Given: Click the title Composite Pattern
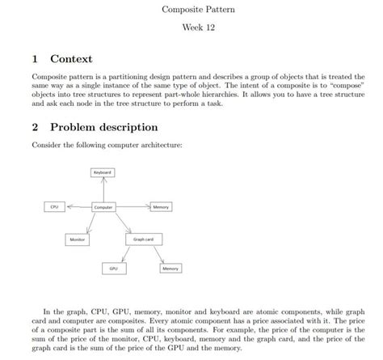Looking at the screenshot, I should (x=192, y=11).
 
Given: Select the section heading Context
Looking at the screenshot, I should (x=71, y=59).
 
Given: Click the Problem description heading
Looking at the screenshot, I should (x=103, y=128).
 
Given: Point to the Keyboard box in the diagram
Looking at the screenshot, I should (x=103, y=172).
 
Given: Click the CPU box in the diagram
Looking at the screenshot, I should (x=55, y=207).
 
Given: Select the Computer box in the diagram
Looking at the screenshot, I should (x=103, y=208).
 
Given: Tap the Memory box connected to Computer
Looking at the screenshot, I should (x=160, y=207).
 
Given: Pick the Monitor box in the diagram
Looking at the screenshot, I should (x=78, y=239).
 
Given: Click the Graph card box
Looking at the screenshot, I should (x=143, y=239).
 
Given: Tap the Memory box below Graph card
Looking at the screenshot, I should (x=170, y=268).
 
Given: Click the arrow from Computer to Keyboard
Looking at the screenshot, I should (x=103, y=190).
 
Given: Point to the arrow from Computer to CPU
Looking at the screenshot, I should (x=78, y=207).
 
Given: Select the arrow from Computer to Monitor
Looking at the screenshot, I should (x=90, y=224).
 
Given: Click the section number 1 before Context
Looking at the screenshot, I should (x=35, y=59).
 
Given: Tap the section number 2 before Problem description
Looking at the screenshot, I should (x=35, y=128).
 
